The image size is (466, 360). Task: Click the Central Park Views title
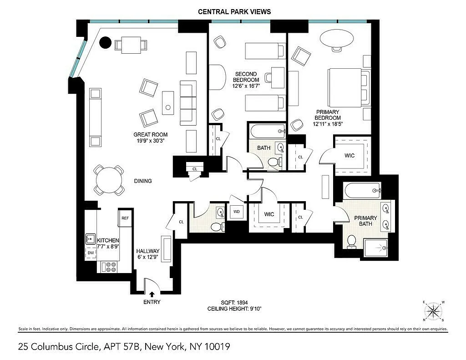[234, 12]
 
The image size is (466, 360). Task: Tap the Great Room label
[150, 135]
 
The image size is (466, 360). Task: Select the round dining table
[109, 180]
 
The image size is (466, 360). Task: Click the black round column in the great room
[105, 42]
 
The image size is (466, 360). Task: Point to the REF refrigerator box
[125, 218]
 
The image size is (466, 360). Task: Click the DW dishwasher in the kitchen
[91, 253]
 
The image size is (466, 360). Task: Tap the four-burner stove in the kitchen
[109, 267]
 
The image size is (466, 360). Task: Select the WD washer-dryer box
[237, 211]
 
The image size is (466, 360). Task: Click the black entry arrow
[152, 294]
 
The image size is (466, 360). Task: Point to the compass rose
[434, 311]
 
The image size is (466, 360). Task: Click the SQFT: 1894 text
[234, 303]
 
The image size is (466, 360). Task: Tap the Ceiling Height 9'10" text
[234, 309]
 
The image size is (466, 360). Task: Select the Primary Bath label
[365, 221]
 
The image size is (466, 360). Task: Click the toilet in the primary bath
[352, 241]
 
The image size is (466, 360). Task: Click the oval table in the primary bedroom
[337, 38]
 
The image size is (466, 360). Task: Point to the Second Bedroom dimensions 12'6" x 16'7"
[246, 86]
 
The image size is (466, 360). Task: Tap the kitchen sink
[90, 239]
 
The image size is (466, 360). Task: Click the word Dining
[143, 181]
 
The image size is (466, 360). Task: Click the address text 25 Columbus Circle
[58, 347]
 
